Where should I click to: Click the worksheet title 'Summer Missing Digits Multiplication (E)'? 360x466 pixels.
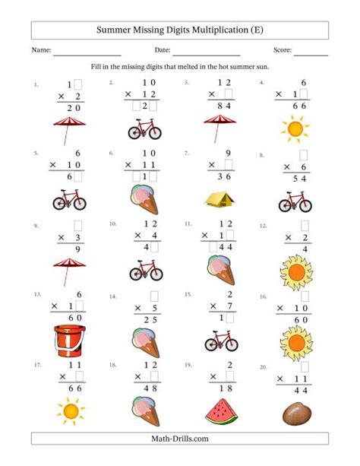(180, 30)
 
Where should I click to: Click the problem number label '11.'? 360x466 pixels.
(189, 224)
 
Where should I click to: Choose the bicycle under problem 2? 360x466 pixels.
(144, 130)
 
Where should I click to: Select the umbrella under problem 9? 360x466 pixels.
(69, 271)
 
